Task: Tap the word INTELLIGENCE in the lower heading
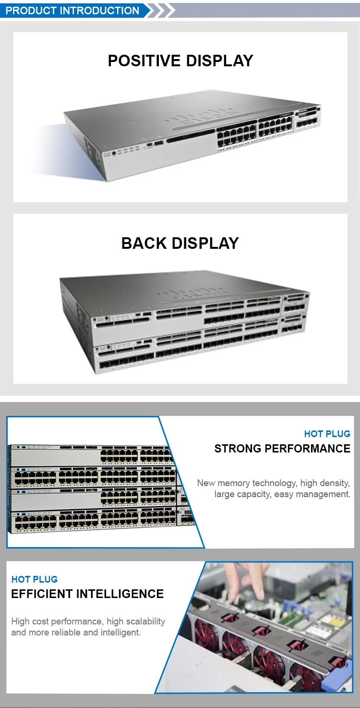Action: tap(125, 594)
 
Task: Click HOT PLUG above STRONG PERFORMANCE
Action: tap(327, 434)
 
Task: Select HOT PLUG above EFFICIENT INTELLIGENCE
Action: tap(35, 579)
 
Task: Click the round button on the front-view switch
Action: tap(114, 153)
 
